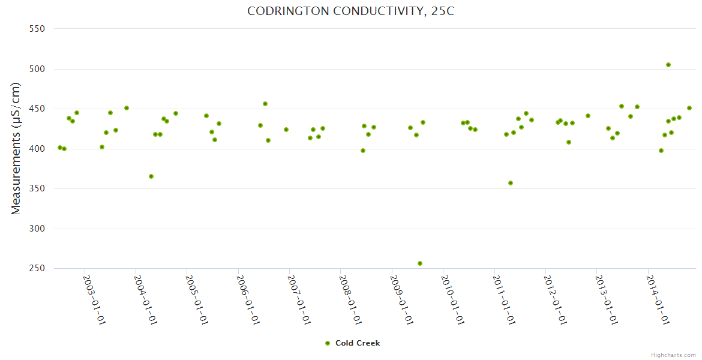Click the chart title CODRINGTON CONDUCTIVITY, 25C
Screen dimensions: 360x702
click(351, 11)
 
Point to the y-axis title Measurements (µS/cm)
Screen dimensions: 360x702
click(16, 148)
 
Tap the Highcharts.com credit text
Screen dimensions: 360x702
click(673, 355)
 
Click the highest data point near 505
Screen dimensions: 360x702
click(668, 65)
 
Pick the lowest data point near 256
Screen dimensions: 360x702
click(420, 263)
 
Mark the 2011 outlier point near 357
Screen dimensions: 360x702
click(511, 183)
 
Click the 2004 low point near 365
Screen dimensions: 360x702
click(151, 176)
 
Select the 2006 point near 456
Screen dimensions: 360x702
click(265, 104)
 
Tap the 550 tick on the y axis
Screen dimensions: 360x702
click(38, 29)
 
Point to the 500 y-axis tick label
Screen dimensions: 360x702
click(38, 69)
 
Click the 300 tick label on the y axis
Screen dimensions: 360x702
click(38, 229)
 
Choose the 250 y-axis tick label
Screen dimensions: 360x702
click(38, 268)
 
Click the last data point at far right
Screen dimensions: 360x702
click(689, 108)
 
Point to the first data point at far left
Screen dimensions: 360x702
click(60, 148)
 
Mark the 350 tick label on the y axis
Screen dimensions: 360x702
click(38, 188)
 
